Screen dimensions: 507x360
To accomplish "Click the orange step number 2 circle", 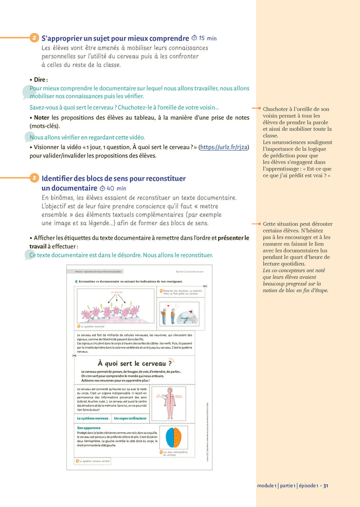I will click(x=34, y=38).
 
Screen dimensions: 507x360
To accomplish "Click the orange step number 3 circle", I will click(x=34, y=178).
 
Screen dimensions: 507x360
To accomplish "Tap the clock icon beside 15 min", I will click(x=194, y=38).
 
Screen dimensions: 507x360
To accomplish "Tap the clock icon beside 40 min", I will click(x=102, y=188).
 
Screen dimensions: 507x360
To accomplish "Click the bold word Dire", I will click(x=41, y=80).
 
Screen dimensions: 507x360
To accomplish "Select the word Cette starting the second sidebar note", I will click(x=271, y=224).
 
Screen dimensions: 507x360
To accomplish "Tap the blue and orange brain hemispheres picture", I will click(x=173, y=438).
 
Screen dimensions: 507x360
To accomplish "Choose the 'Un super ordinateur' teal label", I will click(x=131, y=419).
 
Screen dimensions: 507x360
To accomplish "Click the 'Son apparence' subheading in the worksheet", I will click(x=88, y=428).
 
